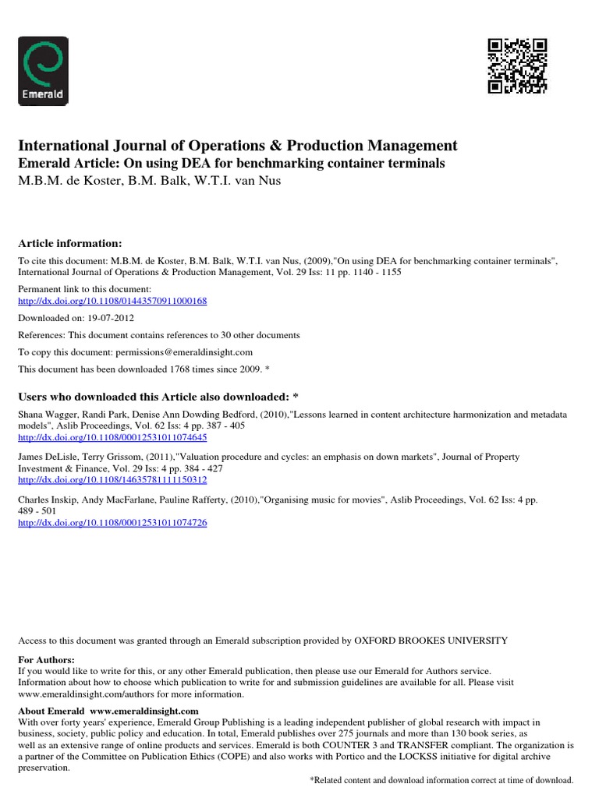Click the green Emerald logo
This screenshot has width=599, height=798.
tap(43, 71)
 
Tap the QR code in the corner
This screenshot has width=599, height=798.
tap(517, 66)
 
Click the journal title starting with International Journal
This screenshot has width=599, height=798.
tap(238, 146)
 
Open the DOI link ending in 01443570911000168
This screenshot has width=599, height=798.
tap(112, 300)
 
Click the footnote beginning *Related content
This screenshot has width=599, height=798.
tap(441, 780)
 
